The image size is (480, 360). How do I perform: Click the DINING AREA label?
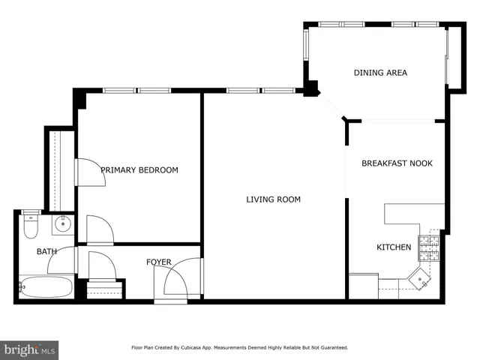(380, 73)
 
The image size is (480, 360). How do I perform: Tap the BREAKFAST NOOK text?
(397, 163)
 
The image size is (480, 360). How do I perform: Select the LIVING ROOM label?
(274, 199)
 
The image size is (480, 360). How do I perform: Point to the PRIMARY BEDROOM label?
(139, 170)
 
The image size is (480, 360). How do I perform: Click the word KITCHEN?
(393, 247)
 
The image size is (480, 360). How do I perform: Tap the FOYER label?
(158, 262)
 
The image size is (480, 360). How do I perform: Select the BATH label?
(46, 251)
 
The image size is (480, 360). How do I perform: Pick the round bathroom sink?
(62, 223)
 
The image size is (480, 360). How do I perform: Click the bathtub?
(45, 286)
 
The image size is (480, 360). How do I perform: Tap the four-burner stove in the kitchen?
(428, 244)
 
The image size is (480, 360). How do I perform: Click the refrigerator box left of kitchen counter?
(364, 286)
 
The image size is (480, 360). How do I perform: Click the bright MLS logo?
(29, 349)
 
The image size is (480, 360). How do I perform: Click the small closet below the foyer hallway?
(105, 289)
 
